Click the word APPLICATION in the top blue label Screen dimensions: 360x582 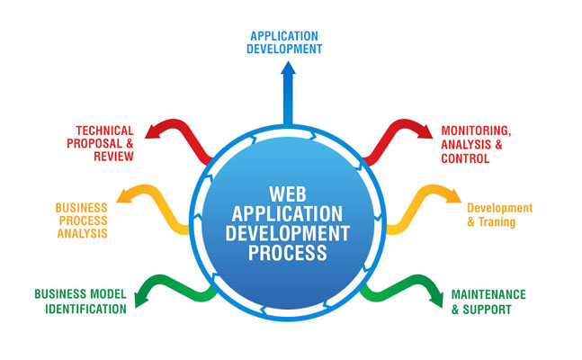(x=284, y=35)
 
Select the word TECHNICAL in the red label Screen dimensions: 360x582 (x=104, y=130)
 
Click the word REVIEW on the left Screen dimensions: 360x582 (x=112, y=157)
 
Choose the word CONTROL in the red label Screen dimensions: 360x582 (x=465, y=158)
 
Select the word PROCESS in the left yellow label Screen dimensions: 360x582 (x=83, y=220)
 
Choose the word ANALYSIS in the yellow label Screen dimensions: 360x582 (x=80, y=234)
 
